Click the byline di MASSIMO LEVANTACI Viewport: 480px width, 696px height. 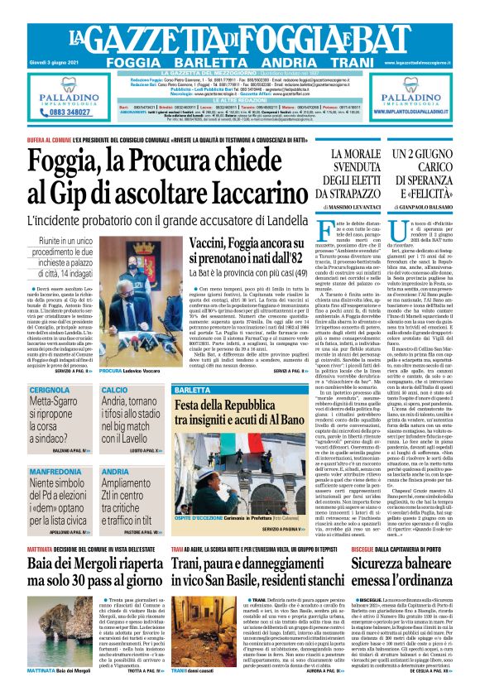point(357,206)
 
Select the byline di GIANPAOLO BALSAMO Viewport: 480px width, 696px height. point(434,206)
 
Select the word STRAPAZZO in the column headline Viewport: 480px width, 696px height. point(357,193)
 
